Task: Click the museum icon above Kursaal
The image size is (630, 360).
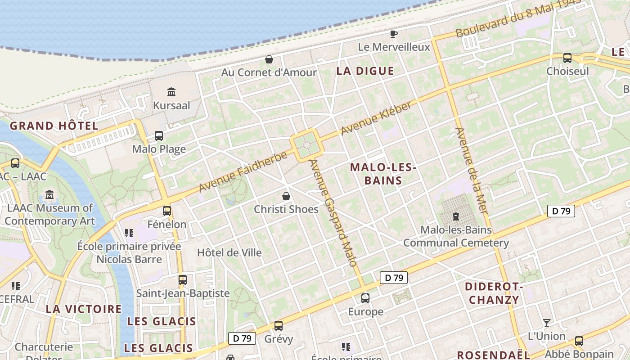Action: coord(171,92)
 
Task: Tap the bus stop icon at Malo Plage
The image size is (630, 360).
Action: coord(158,135)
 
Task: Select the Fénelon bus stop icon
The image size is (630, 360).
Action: coord(167,211)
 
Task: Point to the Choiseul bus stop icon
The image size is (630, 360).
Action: coord(567,58)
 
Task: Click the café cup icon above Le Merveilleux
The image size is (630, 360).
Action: coord(394,34)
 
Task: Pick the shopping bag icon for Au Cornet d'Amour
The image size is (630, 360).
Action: coord(269,59)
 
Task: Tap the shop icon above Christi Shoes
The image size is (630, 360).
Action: coord(286,196)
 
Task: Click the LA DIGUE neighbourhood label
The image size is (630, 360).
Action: coord(365,71)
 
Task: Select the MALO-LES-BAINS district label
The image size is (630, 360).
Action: coord(382,174)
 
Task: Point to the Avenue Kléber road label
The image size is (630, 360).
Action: coord(376,119)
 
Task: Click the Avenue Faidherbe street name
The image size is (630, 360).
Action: coord(243,172)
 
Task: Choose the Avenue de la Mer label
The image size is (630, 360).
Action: coord(471,171)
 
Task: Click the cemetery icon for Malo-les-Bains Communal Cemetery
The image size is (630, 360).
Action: coord(456,216)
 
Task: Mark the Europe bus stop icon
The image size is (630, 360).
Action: coord(365,298)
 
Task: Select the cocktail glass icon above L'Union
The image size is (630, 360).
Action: coord(547,323)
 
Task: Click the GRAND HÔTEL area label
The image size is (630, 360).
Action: coord(54,126)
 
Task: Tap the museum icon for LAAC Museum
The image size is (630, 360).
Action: coord(49,195)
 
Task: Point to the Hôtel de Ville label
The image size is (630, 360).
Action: coord(229,252)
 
